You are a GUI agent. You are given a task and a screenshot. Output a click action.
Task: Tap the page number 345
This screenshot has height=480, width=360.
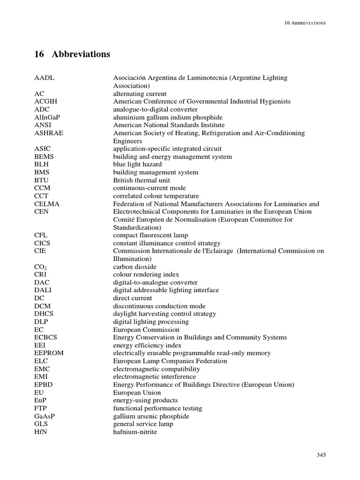[321, 455]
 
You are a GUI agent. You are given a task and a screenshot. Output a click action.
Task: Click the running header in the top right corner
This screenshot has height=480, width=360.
[305, 22]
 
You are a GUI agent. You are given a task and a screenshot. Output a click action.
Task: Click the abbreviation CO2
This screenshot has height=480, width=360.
[41, 267]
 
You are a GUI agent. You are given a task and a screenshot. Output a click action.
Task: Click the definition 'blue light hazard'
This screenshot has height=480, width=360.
[137, 165]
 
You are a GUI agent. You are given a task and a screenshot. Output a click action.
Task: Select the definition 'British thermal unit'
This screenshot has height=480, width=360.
[142, 180]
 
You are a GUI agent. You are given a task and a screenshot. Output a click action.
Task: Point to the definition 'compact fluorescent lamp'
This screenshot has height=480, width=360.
[149, 235]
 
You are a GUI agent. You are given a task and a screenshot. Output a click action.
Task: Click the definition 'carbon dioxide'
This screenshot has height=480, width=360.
[135, 267]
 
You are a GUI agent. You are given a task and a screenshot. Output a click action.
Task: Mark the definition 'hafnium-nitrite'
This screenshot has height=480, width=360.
[135, 432]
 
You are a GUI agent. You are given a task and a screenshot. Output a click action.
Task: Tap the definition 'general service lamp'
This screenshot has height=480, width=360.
[143, 424]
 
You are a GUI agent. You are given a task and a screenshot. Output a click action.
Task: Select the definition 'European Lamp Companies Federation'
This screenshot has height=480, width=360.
[170, 361]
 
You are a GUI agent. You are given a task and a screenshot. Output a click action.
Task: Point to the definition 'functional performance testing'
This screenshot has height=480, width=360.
[157, 408]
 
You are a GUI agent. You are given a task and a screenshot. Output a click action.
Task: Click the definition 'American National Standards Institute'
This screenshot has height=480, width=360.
[169, 125]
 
